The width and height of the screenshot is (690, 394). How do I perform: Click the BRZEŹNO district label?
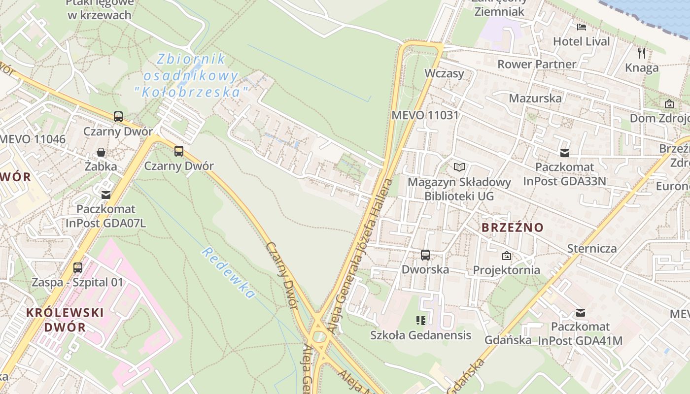click(512, 228)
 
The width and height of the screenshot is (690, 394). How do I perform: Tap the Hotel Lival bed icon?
click(582, 27)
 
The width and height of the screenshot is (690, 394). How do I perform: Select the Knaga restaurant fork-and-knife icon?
click(642, 53)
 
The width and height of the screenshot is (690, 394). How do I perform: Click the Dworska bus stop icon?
click(425, 255)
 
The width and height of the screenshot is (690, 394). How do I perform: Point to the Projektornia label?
click(506, 270)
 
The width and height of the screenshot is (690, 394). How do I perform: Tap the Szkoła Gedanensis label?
click(420, 335)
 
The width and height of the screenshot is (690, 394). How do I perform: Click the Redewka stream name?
click(228, 273)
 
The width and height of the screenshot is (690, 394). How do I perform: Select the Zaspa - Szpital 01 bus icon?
click(78, 268)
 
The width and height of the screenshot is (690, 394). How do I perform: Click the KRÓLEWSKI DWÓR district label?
click(65, 319)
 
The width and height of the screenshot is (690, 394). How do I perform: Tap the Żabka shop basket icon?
click(101, 152)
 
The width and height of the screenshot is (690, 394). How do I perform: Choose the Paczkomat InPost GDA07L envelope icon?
click(106, 195)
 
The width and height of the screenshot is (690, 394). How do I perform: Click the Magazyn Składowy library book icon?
click(459, 167)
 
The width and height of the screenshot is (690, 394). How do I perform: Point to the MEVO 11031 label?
click(425, 115)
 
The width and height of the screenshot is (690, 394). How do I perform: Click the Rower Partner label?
click(536, 64)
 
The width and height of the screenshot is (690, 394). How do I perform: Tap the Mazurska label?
click(535, 98)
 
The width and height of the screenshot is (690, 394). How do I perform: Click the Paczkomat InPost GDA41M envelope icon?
click(581, 312)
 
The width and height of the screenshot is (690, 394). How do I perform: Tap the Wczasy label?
click(444, 73)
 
